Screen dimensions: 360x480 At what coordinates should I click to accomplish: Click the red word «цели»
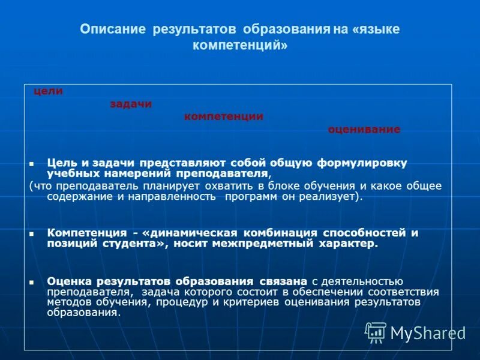click(x=48, y=91)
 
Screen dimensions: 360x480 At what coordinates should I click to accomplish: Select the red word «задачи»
click(x=131, y=104)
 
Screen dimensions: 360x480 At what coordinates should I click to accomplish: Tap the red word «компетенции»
click(x=223, y=117)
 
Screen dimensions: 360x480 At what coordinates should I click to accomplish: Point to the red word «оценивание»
click(x=364, y=130)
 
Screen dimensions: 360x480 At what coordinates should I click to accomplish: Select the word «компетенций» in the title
click(x=239, y=46)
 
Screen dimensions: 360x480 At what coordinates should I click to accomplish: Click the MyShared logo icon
click(x=376, y=332)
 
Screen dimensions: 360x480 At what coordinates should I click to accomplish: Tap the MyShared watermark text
click(x=428, y=332)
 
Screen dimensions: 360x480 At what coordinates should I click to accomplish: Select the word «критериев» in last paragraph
click(x=259, y=302)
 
